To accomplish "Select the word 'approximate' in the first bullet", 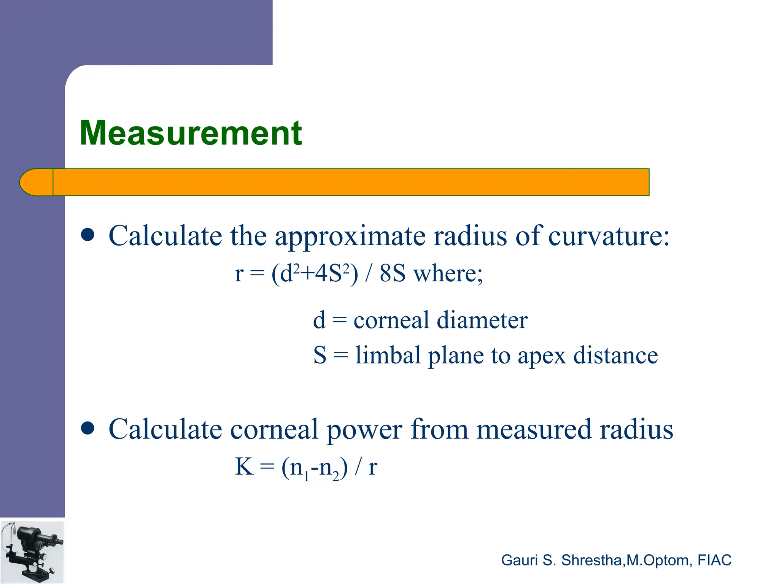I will coord(350,236).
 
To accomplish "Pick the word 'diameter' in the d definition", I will coord(482,320).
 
